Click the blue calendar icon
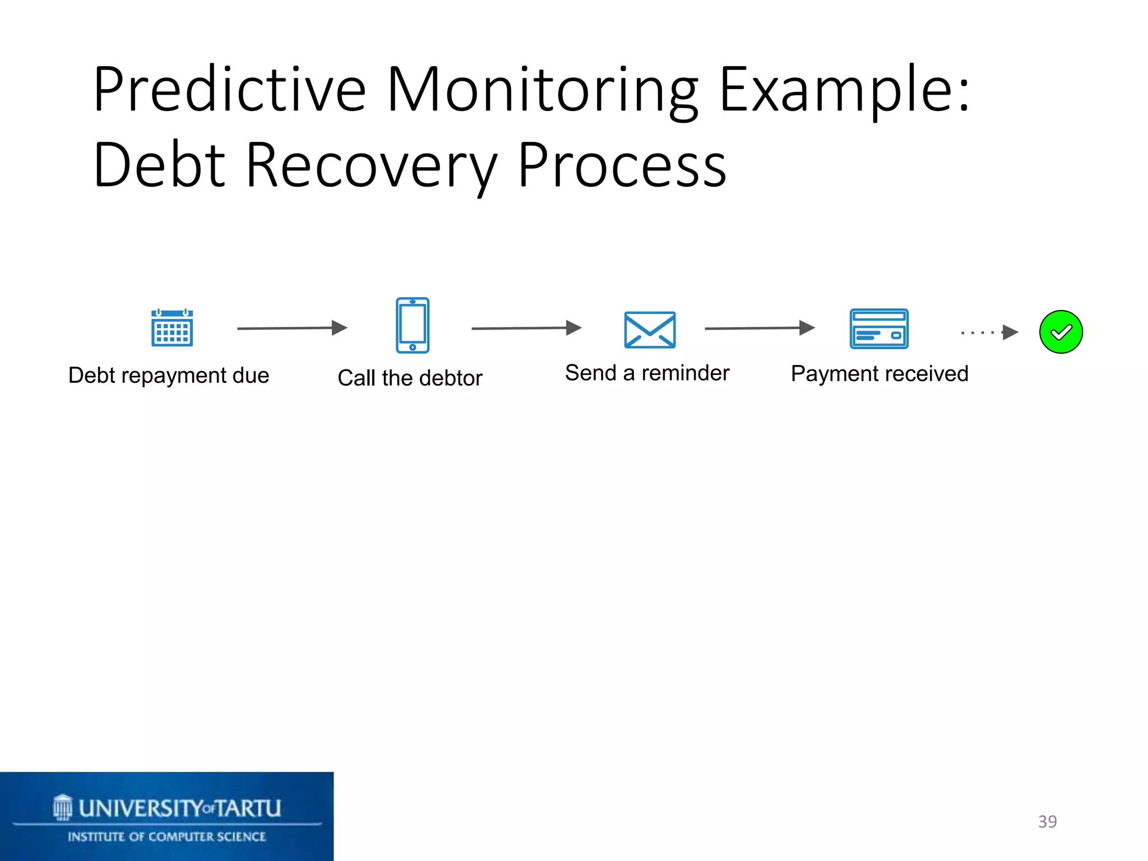pos(172,328)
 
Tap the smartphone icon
pos(413,325)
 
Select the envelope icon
pos(650,330)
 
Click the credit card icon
pos(878,328)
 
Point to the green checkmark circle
pos(1061,332)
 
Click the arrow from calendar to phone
pos(292,328)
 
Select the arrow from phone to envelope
pos(526,328)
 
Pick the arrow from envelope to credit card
pos(760,328)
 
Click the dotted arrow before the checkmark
pos(990,332)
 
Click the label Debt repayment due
pos(169,375)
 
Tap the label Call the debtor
pos(410,378)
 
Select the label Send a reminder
pos(647,373)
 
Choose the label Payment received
pos(879,373)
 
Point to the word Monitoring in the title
pos(541,90)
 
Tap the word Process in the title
pos(622,165)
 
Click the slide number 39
pos(1047,821)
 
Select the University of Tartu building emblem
pos(63,807)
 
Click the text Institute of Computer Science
pos(166,837)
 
